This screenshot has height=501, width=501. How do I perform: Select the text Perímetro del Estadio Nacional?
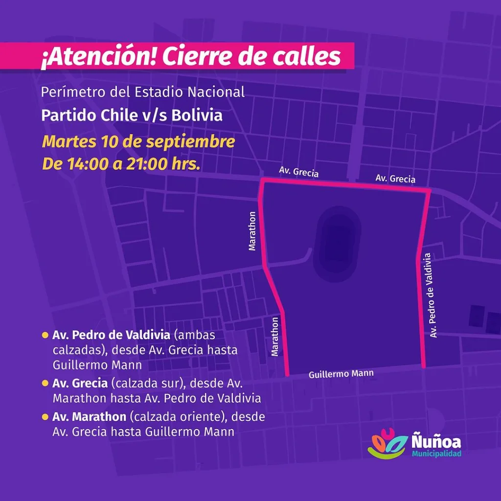143,92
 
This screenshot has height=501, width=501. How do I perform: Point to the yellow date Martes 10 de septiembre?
138,142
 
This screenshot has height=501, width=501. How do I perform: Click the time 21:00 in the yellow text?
145,164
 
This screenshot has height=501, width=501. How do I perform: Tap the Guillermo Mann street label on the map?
341,374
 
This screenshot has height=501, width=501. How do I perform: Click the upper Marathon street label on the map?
252,230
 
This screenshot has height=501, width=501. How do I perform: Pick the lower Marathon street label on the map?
275,336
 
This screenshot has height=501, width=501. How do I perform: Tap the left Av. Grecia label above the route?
298,172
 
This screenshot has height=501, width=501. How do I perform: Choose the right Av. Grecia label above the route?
395,179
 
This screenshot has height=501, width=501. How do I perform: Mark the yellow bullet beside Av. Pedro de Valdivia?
45,336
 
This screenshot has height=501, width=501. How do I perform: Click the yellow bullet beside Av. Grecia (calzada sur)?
45,383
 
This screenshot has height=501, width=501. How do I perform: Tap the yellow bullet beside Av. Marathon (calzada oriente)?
45,417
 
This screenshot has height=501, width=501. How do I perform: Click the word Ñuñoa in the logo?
436,441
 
